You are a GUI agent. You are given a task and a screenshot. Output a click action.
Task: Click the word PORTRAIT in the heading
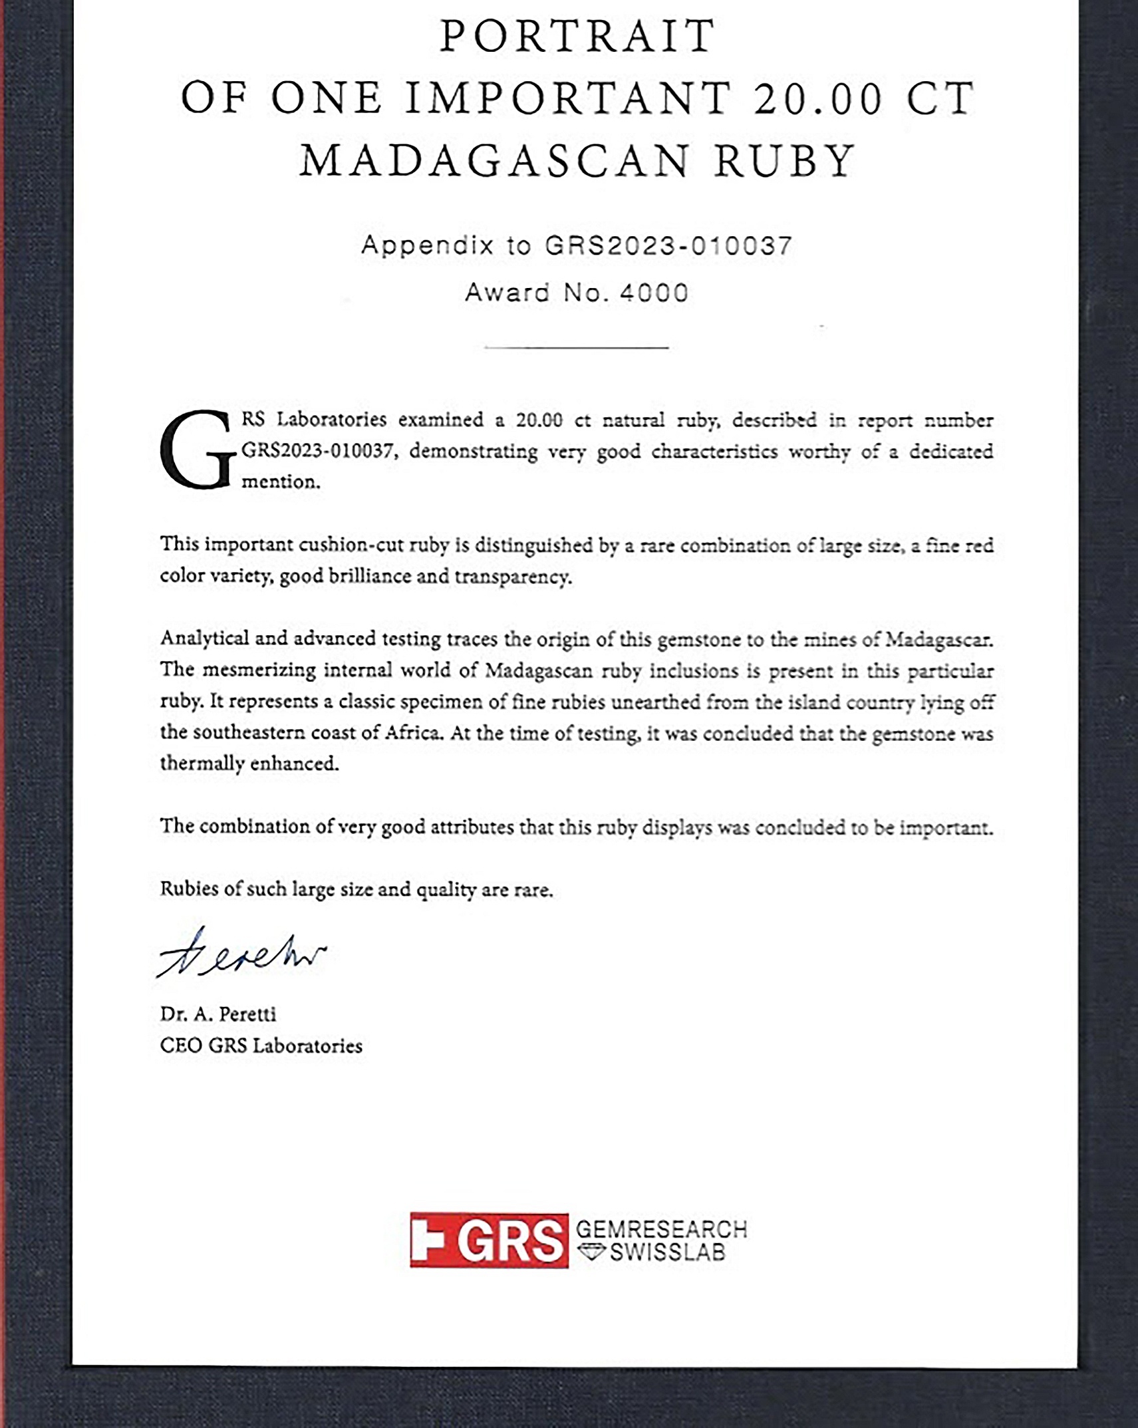(577, 37)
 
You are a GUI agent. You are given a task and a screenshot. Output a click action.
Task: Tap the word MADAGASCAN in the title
(494, 161)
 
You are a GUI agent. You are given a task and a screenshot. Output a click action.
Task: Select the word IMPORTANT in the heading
(569, 98)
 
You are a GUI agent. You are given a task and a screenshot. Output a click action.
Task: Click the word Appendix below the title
(427, 245)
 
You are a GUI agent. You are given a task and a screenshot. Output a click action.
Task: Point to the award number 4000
(654, 293)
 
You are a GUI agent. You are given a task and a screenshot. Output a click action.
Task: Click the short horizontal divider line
(576, 347)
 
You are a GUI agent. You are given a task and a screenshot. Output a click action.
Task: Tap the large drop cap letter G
(198, 450)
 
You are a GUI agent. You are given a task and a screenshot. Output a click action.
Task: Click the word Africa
(413, 733)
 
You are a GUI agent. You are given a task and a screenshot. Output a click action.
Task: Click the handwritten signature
(241, 954)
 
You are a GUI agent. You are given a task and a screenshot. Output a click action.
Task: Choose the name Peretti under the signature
(247, 1014)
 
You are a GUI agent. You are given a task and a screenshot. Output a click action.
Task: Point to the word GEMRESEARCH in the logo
(662, 1229)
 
